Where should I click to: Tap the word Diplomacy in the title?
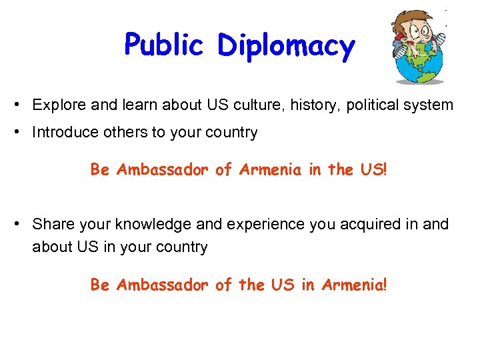click(286, 47)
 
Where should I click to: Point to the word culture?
click(254, 105)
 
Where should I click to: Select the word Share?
click(52, 224)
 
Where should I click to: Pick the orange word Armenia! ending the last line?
click(353, 285)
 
